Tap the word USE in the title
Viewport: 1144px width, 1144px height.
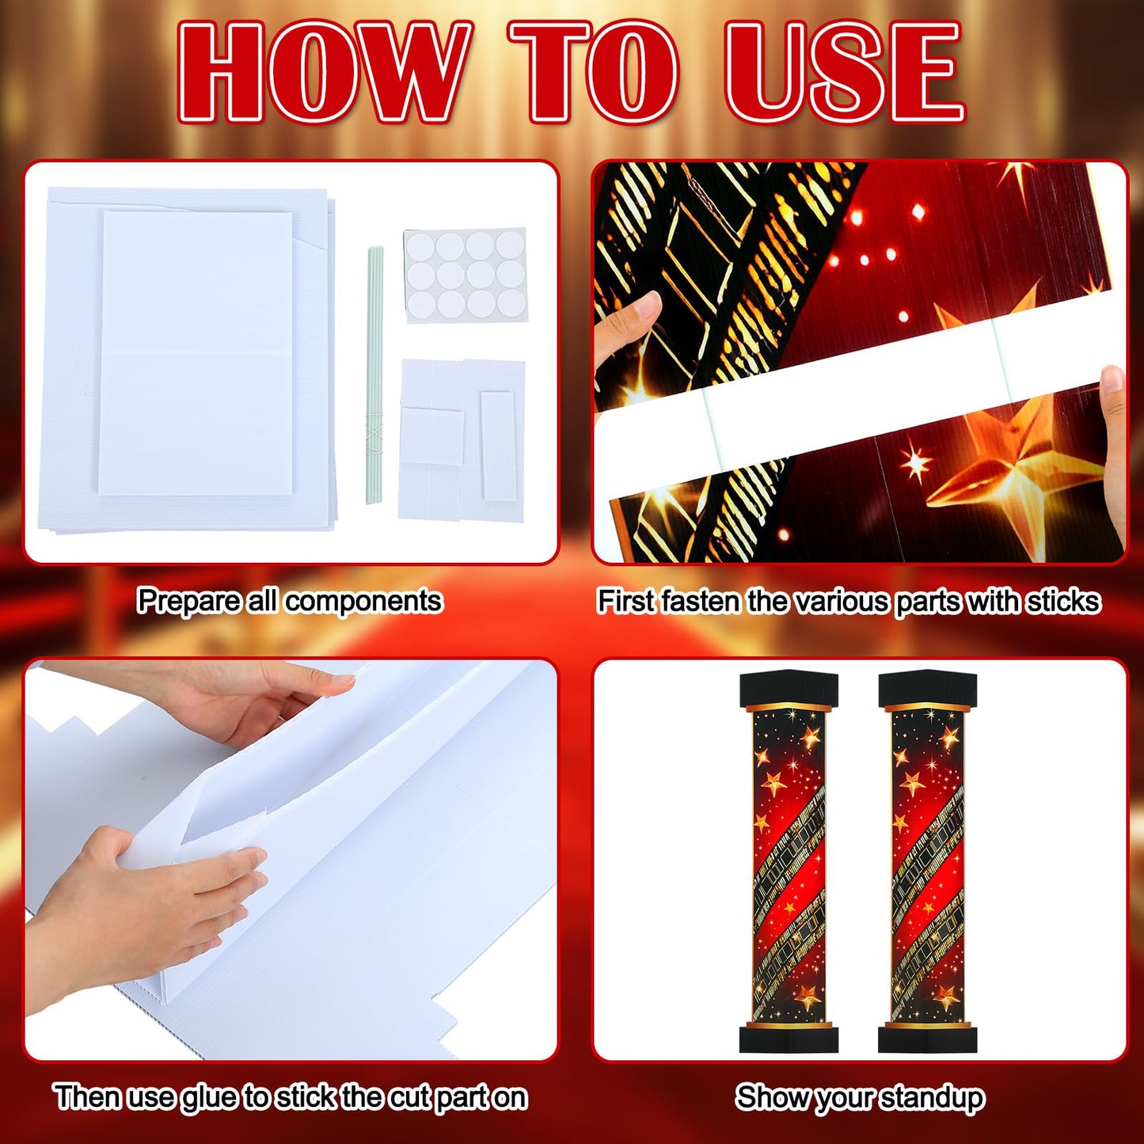coord(843,73)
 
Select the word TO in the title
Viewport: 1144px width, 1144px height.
coord(594,73)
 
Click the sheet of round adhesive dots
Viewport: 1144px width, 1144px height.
coord(466,276)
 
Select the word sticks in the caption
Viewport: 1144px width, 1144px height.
coord(1063,602)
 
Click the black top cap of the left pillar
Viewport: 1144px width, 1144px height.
coord(788,689)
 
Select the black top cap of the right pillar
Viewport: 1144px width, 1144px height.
coord(927,689)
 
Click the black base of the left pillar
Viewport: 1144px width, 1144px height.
coord(788,1037)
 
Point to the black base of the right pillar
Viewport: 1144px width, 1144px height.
coord(927,1037)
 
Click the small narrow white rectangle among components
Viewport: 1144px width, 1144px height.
coord(498,445)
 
